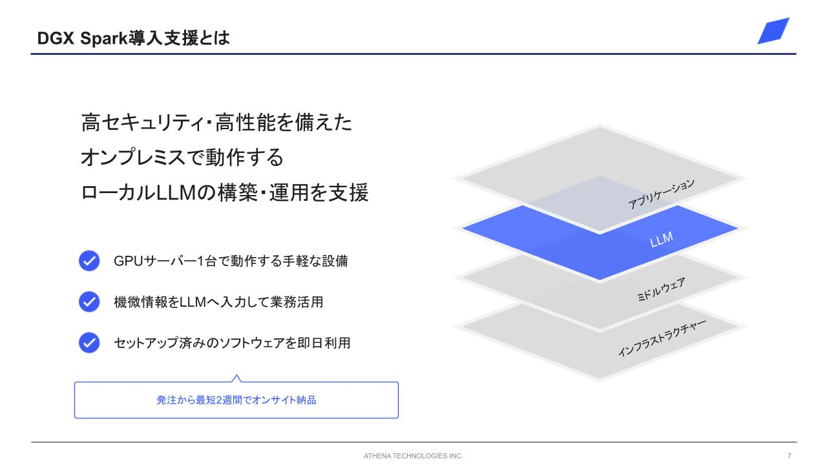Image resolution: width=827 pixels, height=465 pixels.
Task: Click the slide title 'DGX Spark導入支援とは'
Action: pyautogui.click(x=133, y=38)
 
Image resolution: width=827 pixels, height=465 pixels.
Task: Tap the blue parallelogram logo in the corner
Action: pyautogui.click(x=773, y=31)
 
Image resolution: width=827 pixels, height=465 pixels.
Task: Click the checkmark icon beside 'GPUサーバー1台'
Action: pyautogui.click(x=89, y=261)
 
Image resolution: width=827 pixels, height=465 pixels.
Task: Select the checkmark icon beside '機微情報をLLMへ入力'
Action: pyautogui.click(x=89, y=302)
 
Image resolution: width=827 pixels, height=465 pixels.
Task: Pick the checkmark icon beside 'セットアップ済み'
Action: pyautogui.click(x=89, y=343)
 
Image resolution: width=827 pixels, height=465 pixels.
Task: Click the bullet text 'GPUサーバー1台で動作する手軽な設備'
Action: pyautogui.click(x=231, y=261)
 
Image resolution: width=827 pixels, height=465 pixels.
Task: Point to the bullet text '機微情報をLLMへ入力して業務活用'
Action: pyautogui.click(x=218, y=302)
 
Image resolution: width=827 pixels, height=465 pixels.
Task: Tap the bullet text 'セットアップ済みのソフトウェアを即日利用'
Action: pyautogui.click(x=232, y=343)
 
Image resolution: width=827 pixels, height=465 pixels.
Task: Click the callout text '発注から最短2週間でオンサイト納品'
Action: pyautogui.click(x=236, y=400)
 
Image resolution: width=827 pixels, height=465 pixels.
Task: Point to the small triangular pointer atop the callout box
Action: pyautogui.click(x=236, y=378)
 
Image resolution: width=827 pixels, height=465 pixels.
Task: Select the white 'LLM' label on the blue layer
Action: pyautogui.click(x=661, y=240)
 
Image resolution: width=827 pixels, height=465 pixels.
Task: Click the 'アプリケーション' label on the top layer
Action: pyautogui.click(x=661, y=194)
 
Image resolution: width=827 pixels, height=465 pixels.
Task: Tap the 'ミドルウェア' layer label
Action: pyautogui.click(x=661, y=289)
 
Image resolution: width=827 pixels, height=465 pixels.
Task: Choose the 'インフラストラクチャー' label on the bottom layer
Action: pyautogui.click(x=662, y=338)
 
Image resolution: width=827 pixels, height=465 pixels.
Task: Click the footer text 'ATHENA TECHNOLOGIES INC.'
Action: pyautogui.click(x=413, y=456)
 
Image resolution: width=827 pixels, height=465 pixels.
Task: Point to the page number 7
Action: pyautogui.click(x=790, y=456)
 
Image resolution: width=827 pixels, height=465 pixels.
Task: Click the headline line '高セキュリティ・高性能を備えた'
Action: pyautogui.click(x=216, y=123)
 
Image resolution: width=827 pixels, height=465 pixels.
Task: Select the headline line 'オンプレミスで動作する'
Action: pyautogui.click(x=182, y=158)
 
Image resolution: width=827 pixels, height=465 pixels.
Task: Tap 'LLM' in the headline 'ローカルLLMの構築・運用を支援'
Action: pyautogui.click(x=176, y=192)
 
